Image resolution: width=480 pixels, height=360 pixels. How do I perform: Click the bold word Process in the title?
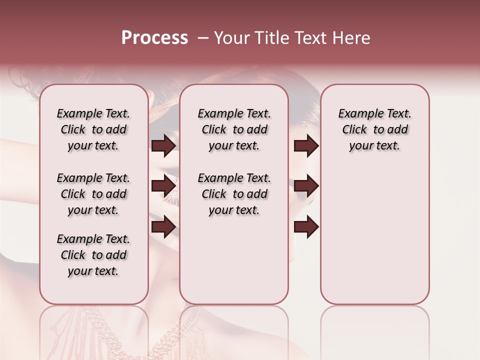[154, 38]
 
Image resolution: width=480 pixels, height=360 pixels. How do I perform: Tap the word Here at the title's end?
[351, 38]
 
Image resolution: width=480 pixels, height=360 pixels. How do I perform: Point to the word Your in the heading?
[230, 38]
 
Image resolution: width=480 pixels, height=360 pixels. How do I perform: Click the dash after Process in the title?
[202, 38]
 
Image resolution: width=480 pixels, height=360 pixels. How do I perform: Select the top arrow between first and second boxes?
[163, 145]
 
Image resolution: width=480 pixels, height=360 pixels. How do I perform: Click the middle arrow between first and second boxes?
[163, 186]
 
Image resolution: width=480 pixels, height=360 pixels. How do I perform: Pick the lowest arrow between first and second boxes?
[163, 226]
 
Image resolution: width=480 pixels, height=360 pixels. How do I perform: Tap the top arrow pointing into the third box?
[306, 145]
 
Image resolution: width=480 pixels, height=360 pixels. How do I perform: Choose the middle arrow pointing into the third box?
[306, 186]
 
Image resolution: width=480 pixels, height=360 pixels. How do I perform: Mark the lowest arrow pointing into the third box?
[306, 226]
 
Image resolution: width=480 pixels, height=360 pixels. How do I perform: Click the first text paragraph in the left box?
[93, 129]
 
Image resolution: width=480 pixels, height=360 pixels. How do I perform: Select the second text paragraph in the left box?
[93, 194]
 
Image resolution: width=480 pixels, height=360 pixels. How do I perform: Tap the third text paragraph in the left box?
[93, 255]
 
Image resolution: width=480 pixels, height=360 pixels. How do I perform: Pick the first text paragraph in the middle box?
[234, 129]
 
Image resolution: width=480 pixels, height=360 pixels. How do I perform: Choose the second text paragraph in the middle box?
[234, 194]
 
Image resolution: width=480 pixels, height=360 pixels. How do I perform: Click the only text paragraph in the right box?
[374, 129]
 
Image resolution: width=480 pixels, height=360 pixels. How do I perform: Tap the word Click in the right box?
[354, 130]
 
